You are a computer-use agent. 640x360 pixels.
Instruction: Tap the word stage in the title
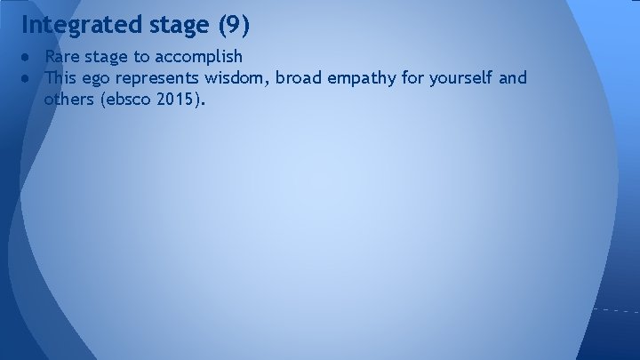[175, 25]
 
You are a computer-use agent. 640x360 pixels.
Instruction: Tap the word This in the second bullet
[62, 78]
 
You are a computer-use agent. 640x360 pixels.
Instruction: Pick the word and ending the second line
[513, 78]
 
